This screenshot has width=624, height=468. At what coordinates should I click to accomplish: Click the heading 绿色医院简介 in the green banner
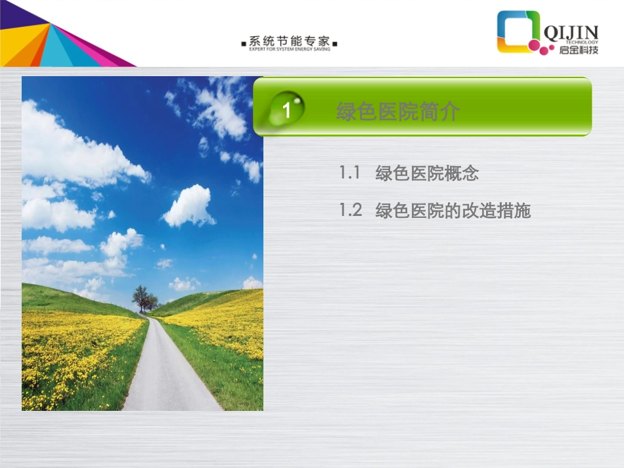pos(397,112)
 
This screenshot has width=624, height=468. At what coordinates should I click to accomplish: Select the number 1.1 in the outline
pos(350,173)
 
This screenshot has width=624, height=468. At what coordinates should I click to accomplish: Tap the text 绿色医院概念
pos(427,174)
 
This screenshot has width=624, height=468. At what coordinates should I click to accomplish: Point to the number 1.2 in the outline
pos(350,211)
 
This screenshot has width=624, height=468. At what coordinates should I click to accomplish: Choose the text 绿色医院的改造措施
pos(453,211)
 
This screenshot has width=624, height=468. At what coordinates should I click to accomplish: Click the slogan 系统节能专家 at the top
pos(290,40)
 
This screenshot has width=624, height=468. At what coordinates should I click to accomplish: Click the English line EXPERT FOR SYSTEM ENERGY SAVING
pos(290,49)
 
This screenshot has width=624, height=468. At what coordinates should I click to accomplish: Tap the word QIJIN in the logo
pos(571,31)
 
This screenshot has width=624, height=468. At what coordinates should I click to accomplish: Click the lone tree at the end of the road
pos(141,297)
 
